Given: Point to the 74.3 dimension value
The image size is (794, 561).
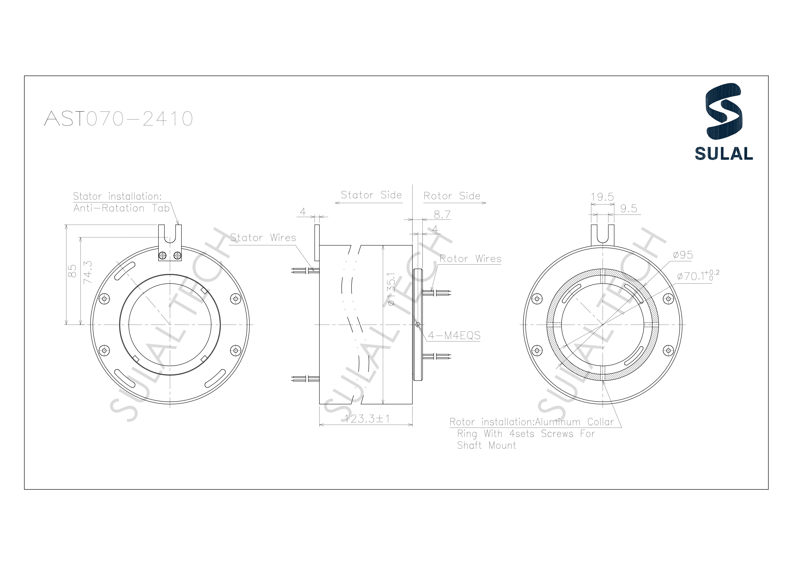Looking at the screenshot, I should pos(88,272).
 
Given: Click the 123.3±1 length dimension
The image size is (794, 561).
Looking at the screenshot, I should pos(367,419).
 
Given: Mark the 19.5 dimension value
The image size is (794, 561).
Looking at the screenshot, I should pos(602,197).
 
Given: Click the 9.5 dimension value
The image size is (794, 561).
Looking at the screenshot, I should pos(628,209).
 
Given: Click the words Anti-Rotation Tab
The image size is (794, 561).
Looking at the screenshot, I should pos(121,208).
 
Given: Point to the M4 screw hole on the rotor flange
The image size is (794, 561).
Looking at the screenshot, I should pos(418,325).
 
